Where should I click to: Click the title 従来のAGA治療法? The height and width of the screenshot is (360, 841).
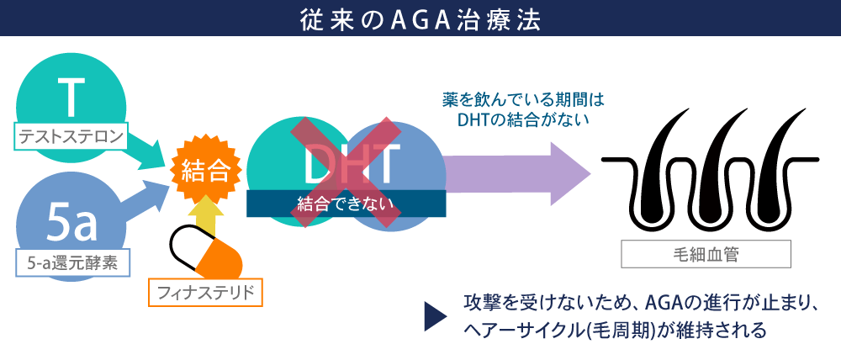coord(420,19)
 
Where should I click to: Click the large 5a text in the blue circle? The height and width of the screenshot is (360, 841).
coord(72,224)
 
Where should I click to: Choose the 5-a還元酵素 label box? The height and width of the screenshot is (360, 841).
coord(73,264)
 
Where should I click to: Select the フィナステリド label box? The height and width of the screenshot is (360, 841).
coord(205,293)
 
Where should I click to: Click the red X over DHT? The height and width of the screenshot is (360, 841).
coord(346,172)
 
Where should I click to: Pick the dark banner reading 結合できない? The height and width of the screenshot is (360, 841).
coord(346,204)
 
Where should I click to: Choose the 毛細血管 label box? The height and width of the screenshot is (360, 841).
coord(706,254)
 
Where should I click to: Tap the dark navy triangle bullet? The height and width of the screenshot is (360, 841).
coord(435,316)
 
